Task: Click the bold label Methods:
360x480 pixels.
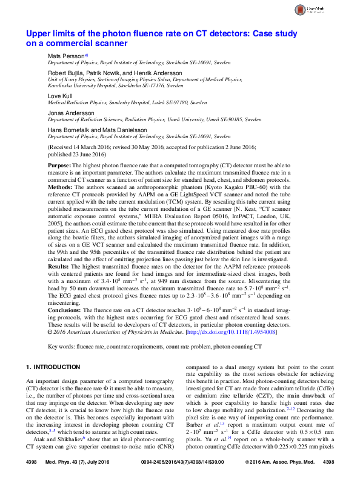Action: [x=61, y=187]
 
